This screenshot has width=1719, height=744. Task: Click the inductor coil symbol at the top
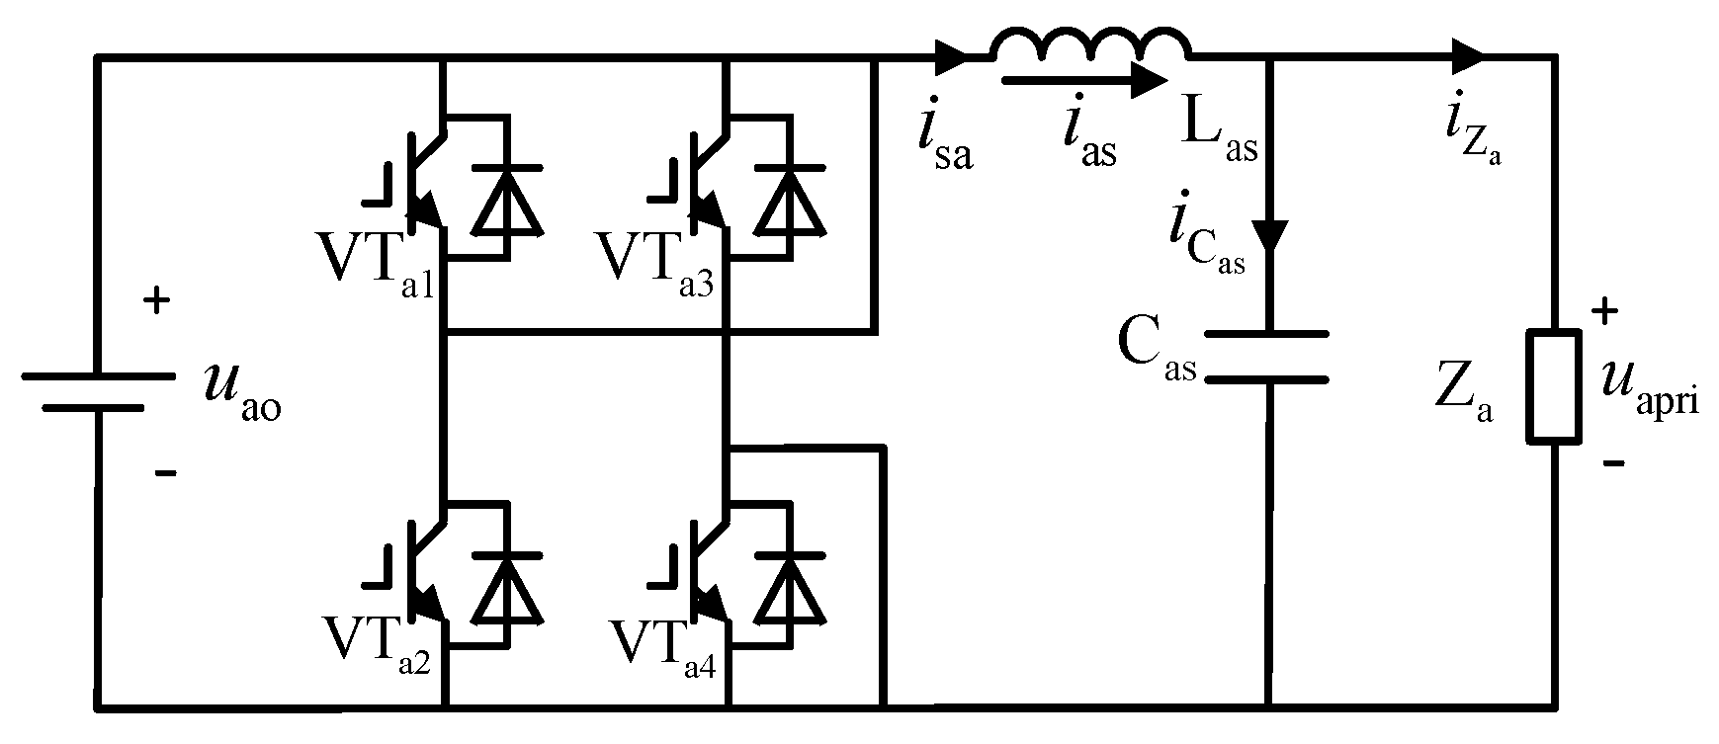pyautogui.click(x=1090, y=44)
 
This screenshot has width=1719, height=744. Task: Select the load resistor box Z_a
pyautogui.click(x=1555, y=386)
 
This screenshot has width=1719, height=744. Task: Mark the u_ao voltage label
pyautogui.click(x=241, y=390)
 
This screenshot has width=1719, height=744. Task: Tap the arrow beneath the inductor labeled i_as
pyautogui.click(x=1084, y=81)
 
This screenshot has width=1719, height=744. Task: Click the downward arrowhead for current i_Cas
pyautogui.click(x=1269, y=235)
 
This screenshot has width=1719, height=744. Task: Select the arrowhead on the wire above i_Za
pyautogui.click(x=1467, y=55)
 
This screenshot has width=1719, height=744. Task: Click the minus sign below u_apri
pyautogui.click(x=1612, y=461)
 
